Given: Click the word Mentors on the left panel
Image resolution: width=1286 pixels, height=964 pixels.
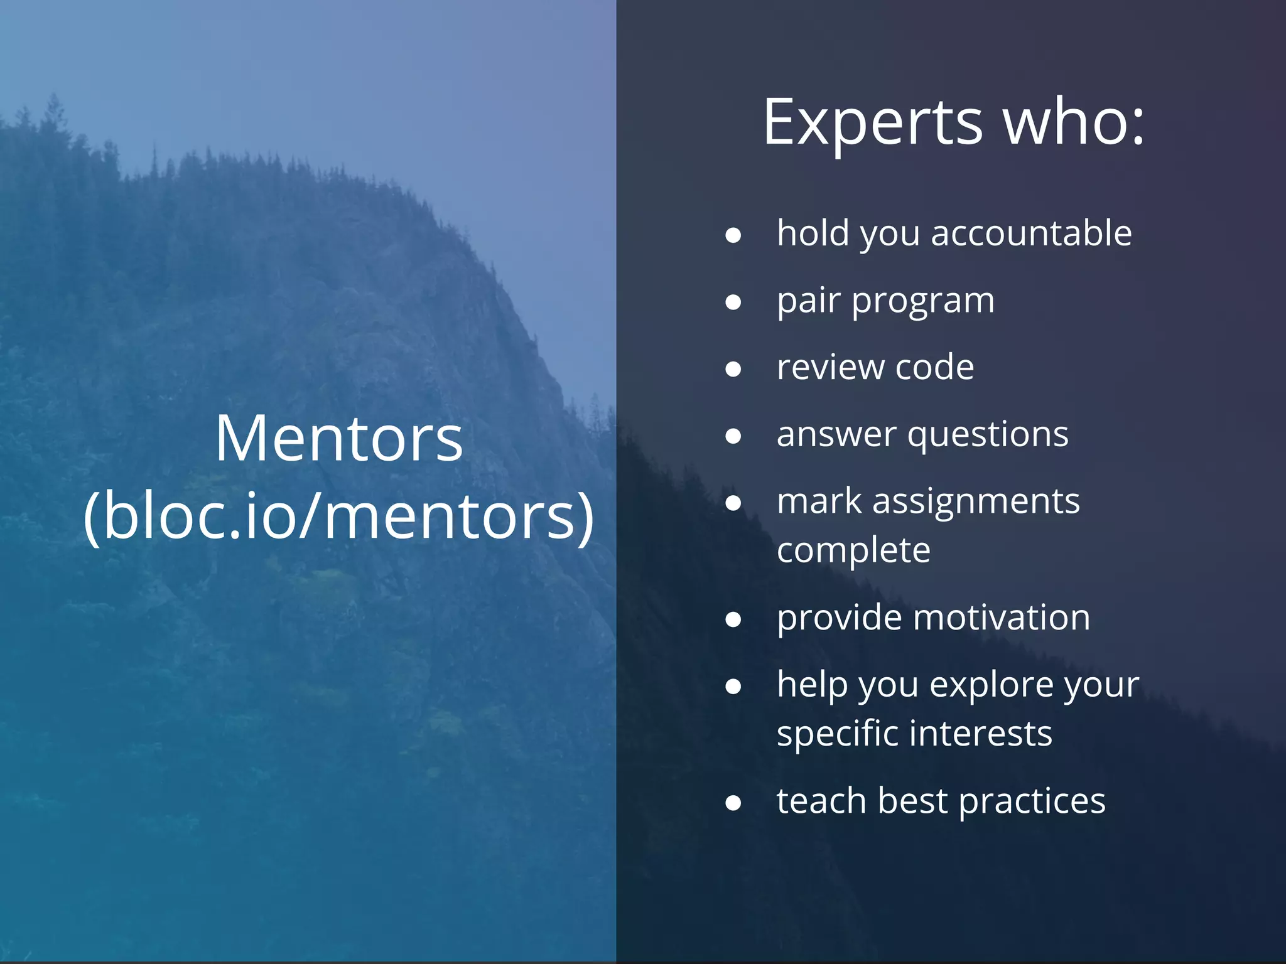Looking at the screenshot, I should [x=339, y=439].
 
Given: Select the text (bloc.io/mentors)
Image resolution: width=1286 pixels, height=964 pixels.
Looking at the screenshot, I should [x=339, y=516].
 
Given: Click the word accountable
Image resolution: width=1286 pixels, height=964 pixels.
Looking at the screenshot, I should [x=1031, y=233].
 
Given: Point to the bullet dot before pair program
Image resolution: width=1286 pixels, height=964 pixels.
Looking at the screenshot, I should [x=733, y=303].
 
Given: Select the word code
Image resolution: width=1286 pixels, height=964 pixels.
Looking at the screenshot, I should [x=934, y=367].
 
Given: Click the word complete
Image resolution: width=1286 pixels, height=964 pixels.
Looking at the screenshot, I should [x=853, y=551].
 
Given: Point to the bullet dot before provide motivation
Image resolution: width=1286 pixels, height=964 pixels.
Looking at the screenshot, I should [x=733, y=620].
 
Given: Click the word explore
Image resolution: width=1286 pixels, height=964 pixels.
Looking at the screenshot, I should [x=990, y=685].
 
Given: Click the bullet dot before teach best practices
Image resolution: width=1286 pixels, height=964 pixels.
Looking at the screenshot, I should [x=733, y=803].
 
